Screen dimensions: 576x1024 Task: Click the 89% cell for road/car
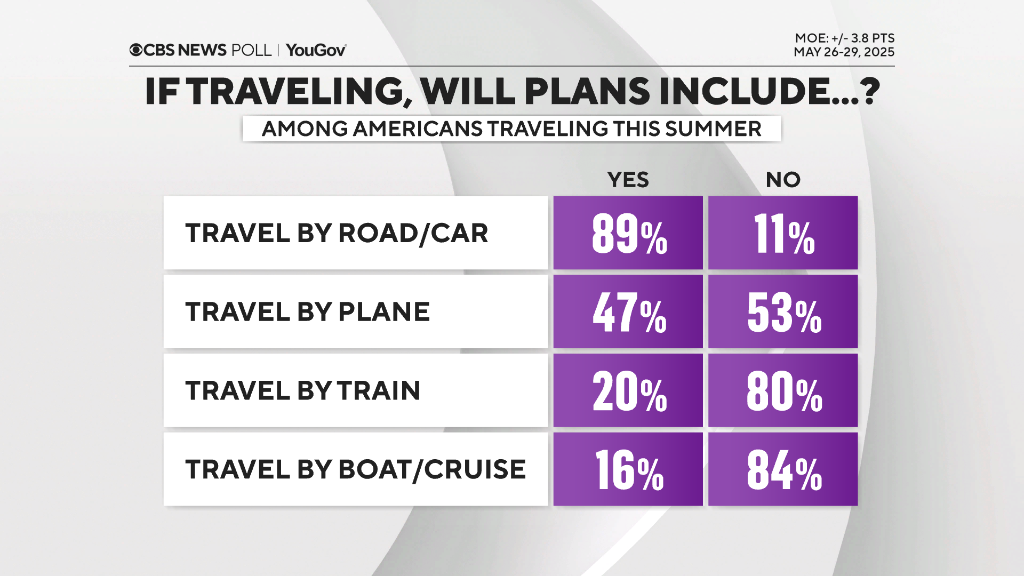coord(628,233)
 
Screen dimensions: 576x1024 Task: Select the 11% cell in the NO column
coord(783,233)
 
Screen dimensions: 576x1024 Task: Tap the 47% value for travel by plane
coord(628,312)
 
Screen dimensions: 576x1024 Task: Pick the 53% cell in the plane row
coord(783,312)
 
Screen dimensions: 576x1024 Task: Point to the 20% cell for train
coord(628,390)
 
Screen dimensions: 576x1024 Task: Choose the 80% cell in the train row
coord(783,390)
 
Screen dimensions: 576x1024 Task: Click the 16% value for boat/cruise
coord(628,469)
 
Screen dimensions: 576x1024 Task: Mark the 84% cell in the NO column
coord(783,469)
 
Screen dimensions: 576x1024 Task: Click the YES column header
coord(628,180)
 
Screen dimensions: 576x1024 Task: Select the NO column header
coord(783,180)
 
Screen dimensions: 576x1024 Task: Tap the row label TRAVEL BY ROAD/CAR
coord(337,233)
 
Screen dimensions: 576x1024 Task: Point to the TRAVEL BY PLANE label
coord(307,312)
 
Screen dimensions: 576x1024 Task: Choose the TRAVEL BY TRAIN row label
coord(303,390)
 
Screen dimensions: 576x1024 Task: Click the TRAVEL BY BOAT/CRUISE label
coord(355,469)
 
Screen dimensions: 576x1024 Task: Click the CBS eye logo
coord(136,50)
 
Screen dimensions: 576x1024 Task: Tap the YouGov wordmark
coord(316,50)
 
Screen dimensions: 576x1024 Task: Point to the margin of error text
coord(844,38)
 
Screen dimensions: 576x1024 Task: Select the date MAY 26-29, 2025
coord(844,52)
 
